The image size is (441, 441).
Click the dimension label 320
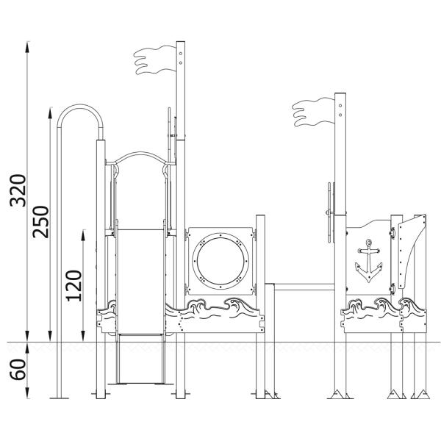pyautogui.click(x=18, y=190)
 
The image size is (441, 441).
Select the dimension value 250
pyautogui.click(x=40, y=222)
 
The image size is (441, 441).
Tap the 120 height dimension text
pyautogui.click(x=74, y=286)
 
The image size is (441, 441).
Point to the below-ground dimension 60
pyautogui.click(x=18, y=370)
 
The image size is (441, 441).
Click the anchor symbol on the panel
pyautogui.click(x=369, y=261)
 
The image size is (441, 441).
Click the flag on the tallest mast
pyautogui.click(x=154, y=60)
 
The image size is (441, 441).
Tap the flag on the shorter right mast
pyautogui.click(x=313, y=112)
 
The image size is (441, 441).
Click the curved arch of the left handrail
pyautogui.click(x=80, y=116)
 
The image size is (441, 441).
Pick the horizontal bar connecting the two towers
pyautogui.click(x=304, y=287)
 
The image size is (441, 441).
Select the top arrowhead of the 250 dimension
pyautogui.click(x=50, y=112)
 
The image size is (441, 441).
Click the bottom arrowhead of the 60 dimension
pyautogui.click(x=27, y=392)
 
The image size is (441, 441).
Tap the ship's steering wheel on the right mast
pyautogui.click(x=331, y=212)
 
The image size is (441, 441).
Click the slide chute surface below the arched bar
pyautogui.click(x=140, y=282)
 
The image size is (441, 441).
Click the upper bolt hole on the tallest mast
pyautogui.click(x=181, y=54)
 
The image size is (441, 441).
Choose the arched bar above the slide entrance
pyautogui.click(x=140, y=158)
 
